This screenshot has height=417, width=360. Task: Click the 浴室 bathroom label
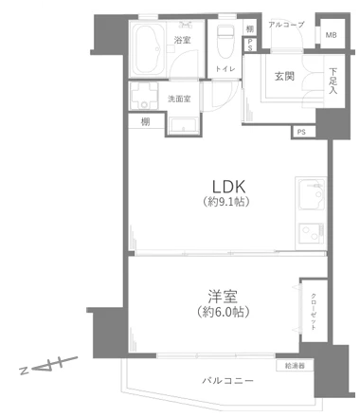click(183, 40)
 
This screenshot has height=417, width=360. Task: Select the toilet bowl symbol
click(225, 42)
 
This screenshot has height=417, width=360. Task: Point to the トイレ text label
click(225, 69)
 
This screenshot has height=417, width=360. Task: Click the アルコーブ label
click(285, 23)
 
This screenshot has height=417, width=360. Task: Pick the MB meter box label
click(331, 36)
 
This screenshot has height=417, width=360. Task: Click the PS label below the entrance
click(301, 132)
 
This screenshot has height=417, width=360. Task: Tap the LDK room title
click(228, 185)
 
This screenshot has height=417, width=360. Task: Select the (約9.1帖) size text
click(228, 202)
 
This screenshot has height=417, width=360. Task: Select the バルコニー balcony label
click(228, 381)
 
